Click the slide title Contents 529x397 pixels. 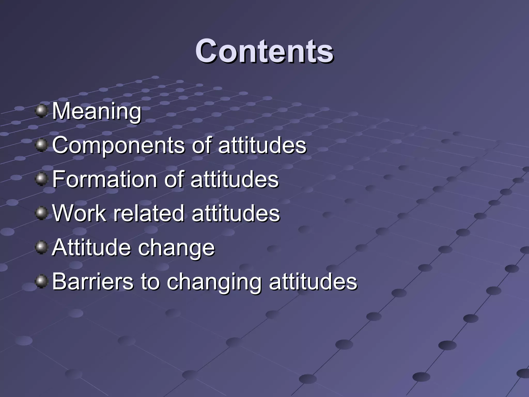click(264, 51)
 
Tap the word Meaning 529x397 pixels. click(97, 111)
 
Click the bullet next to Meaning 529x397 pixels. click(41, 111)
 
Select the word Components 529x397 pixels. click(118, 146)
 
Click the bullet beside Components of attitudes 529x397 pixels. click(41, 145)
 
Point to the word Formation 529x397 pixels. click(106, 179)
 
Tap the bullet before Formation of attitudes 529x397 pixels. click(41, 179)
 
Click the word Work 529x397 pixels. click(79, 213)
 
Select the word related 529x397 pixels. click(149, 213)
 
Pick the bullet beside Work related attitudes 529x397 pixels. click(41, 213)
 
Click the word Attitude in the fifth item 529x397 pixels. click(92, 247)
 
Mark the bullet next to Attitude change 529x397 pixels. click(41, 247)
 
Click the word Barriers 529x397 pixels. click(93, 281)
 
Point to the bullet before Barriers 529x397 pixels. click(41, 281)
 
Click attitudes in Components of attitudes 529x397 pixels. click(262, 146)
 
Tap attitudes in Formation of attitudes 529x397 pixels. click(235, 179)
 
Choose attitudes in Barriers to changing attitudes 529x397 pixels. click(313, 281)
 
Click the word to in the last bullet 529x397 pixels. click(150, 281)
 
